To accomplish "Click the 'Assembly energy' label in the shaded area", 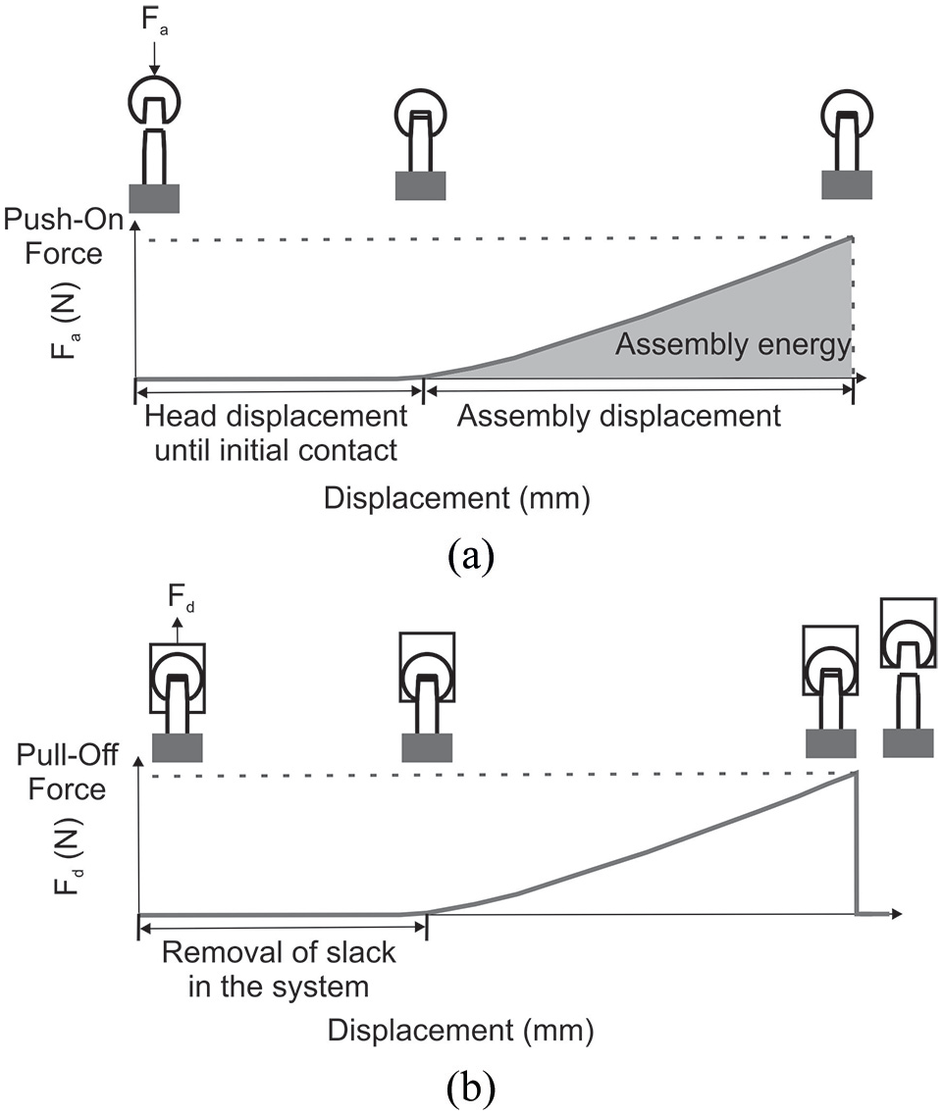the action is click(x=733, y=345).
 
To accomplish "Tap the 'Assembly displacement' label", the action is click(x=619, y=416).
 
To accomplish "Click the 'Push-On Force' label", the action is click(x=64, y=236).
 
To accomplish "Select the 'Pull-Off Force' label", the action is click(x=67, y=772).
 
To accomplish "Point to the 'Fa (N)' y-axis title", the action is click(x=66, y=322).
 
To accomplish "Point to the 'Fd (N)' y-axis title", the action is click(x=69, y=857).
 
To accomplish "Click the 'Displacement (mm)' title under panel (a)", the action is click(x=457, y=498).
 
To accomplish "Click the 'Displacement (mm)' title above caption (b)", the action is click(x=460, y=1031).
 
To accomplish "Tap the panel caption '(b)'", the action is click(x=471, y=1088).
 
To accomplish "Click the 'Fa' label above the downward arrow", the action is click(x=154, y=20).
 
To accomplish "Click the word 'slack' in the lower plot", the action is click(x=361, y=952).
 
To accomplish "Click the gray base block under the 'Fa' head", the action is click(x=154, y=198).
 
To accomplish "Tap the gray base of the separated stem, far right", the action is click(x=908, y=743).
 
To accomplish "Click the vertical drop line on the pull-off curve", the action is click(x=856, y=843).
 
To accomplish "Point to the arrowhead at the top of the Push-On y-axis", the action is click(x=134, y=227).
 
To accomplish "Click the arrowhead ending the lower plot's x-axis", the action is click(x=897, y=914).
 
